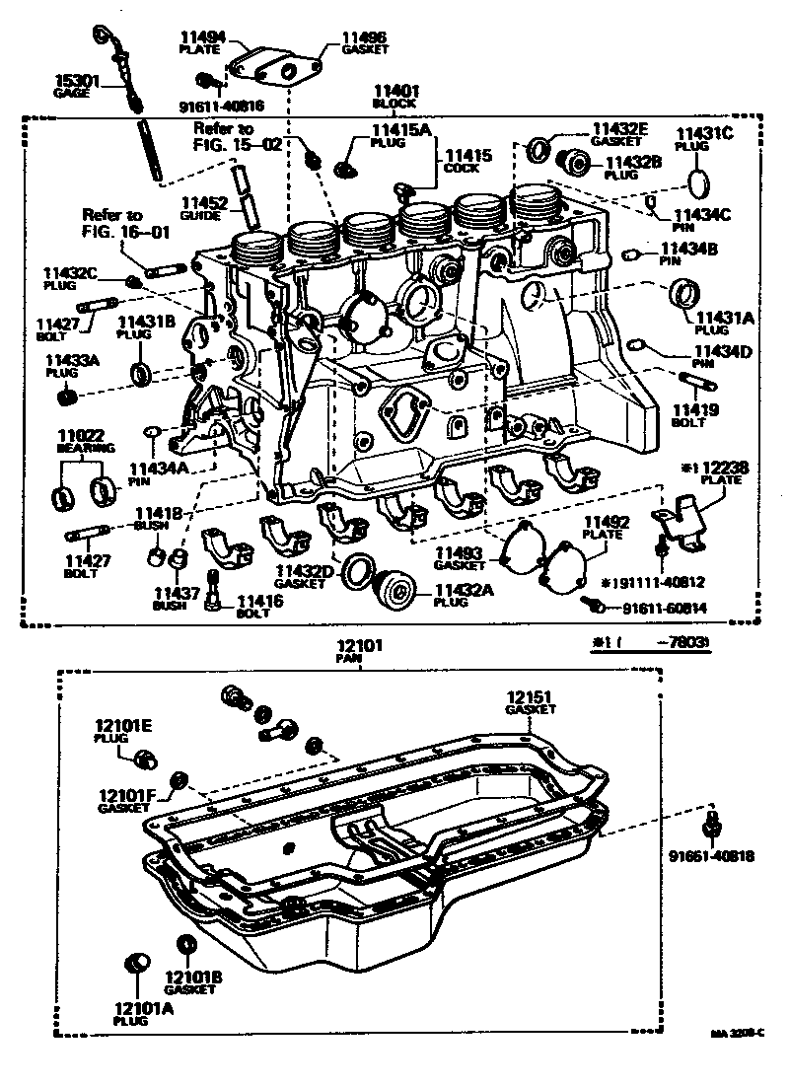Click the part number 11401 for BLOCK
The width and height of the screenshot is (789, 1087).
(x=394, y=90)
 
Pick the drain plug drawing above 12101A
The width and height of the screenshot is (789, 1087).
(x=135, y=965)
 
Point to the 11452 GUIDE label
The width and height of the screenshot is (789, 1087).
(x=204, y=207)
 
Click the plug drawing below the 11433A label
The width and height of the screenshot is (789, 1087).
(x=68, y=397)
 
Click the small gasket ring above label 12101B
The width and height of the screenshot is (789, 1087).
(x=183, y=942)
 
